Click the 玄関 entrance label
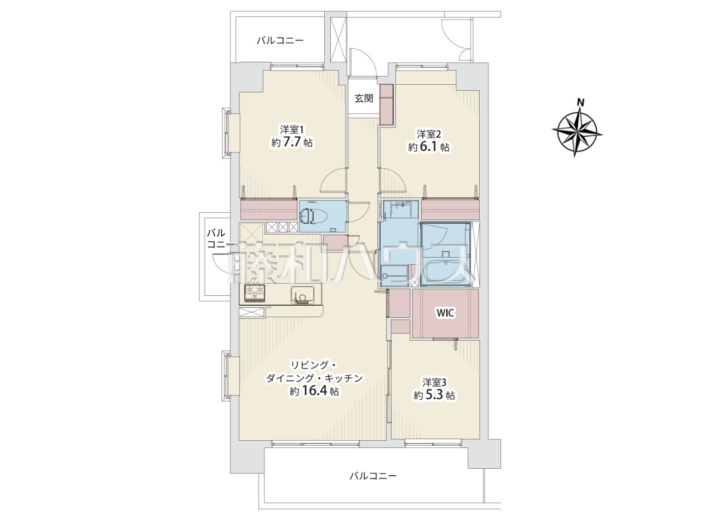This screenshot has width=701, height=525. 364,98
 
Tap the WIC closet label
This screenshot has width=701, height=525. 445,313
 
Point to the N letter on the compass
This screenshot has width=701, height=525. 581,103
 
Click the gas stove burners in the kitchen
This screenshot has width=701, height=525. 255,293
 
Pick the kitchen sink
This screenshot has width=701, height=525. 302,295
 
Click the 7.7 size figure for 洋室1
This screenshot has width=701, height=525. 291,142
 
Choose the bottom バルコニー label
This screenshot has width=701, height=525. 373,485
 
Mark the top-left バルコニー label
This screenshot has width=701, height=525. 280,40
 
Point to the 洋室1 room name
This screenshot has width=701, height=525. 292,130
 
